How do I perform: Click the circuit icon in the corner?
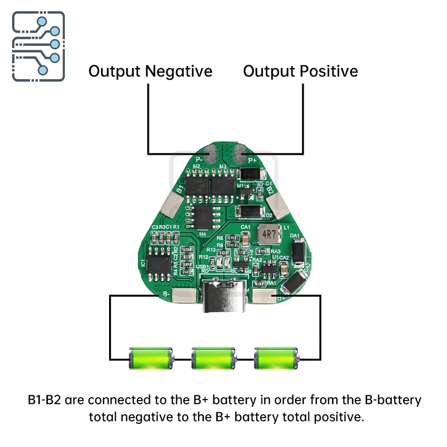[x=38, y=46]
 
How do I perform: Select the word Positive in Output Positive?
[x=329, y=71]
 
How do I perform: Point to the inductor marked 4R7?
[x=269, y=235]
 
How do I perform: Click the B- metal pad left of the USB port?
[x=184, y=295]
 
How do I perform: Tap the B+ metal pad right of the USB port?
[x=265, y=295]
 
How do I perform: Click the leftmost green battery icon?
[x=150, y=358]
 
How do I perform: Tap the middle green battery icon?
[x=213, y=358]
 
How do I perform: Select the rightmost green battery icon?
[x=275, y=358]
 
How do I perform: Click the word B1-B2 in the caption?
[x=44, y=400]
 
